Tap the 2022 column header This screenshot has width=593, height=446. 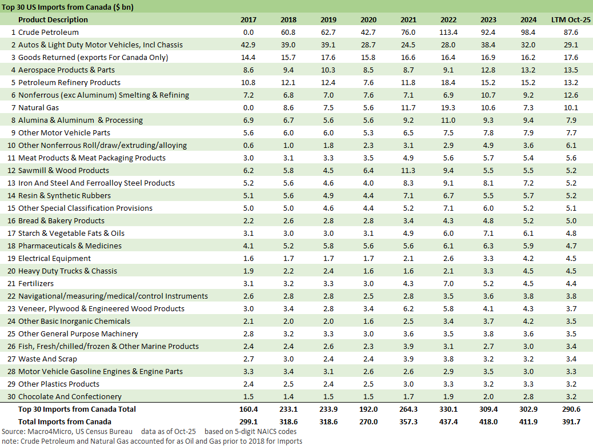click(448, 19)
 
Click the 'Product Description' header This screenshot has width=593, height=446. click(53, 19)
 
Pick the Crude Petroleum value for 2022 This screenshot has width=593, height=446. click(448, 32)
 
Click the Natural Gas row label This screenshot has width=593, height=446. click(39, 107)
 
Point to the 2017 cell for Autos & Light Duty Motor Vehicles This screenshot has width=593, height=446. click(249, 45)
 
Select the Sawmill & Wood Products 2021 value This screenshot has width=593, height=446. click(408, 170)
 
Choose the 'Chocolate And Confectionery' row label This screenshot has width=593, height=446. click(70, 396)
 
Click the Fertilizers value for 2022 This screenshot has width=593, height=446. click(448, 283)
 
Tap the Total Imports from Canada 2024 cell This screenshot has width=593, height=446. click(528, 421)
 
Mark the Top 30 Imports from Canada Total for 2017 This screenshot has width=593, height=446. click(249, 409)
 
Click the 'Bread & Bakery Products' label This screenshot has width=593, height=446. click(61, 220)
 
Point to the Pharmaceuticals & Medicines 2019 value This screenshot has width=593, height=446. click(328, 246)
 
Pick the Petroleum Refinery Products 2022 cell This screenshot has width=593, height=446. click(448, 82)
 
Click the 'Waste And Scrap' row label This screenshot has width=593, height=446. click(47, 359)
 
